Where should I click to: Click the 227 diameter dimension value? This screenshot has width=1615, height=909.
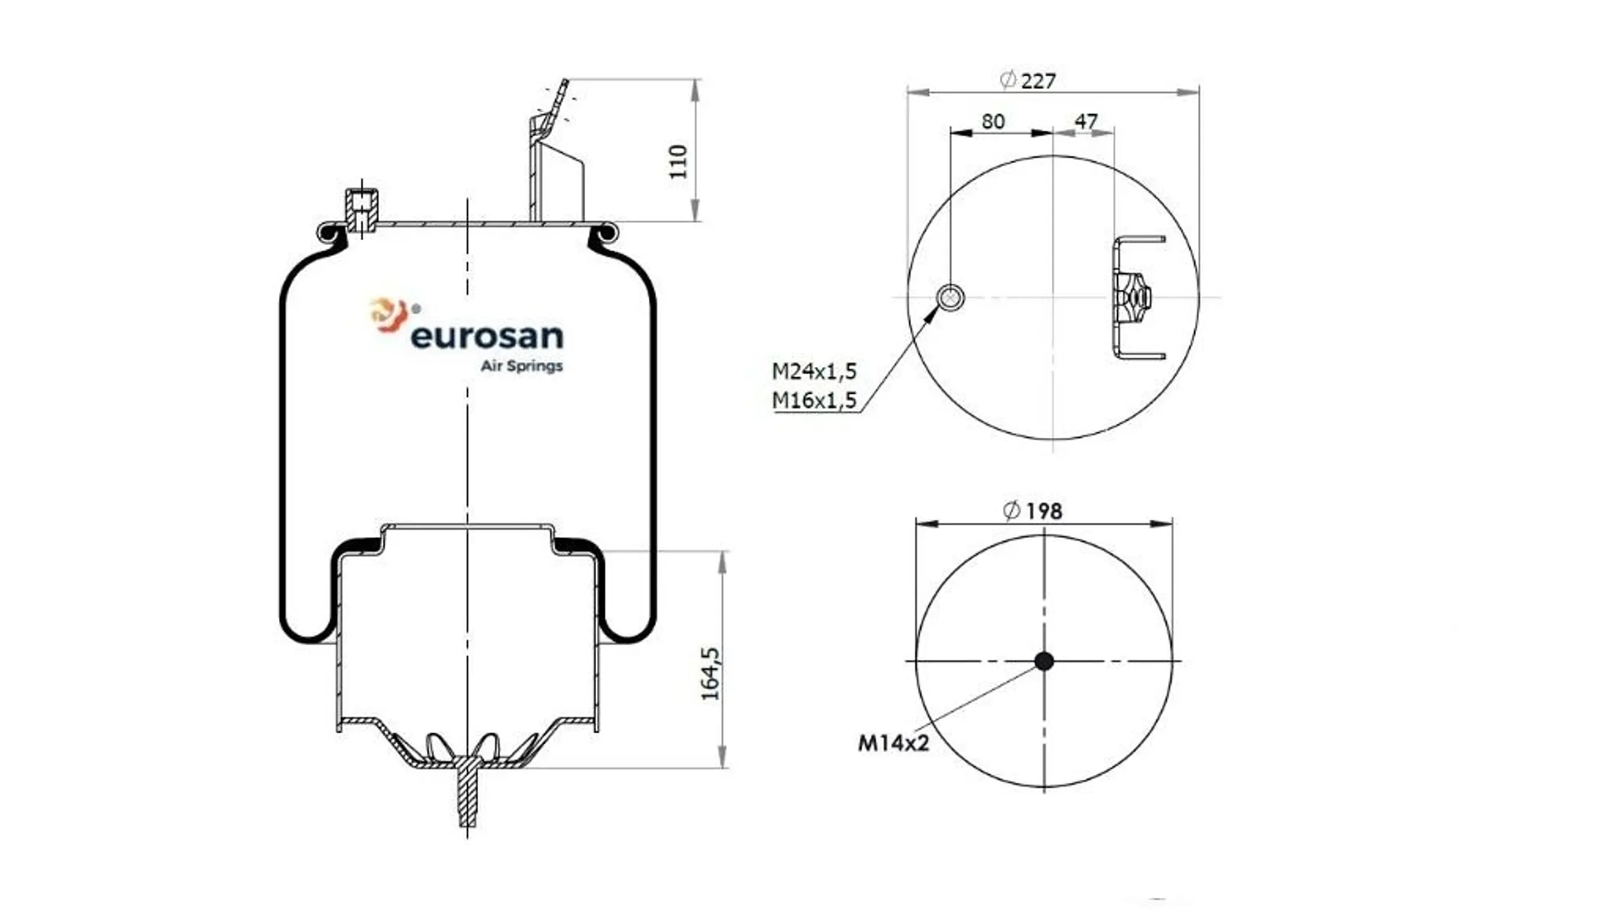[1037, 81]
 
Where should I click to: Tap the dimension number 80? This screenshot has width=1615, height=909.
[993, 121]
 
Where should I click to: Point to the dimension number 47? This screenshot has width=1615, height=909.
[1086, 121]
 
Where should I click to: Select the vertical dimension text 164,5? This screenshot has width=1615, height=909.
[711, 674]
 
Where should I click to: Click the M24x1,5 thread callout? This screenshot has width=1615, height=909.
[814, 371]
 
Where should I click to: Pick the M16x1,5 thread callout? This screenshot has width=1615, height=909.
[814, 399]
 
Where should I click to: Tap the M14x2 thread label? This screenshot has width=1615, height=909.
[893, 744]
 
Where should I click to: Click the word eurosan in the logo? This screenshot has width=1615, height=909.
[487, 337]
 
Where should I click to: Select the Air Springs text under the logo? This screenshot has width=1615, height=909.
[521, 366]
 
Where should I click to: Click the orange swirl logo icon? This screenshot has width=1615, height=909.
[389, 314]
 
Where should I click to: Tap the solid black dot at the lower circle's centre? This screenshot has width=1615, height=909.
[1044, 660]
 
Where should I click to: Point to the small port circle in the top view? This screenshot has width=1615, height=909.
[950, 297]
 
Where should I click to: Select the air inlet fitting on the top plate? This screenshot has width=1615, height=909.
[362, 209]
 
